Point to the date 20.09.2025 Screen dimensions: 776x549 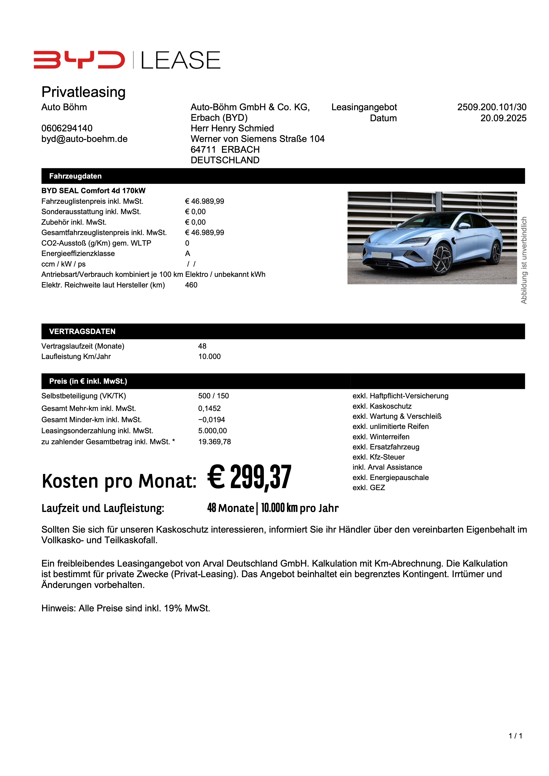coord(503,118)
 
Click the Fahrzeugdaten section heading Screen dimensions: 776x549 coord(75,176)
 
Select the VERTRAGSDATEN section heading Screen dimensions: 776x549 coord(82,331)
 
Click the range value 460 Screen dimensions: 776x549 coord(191,285)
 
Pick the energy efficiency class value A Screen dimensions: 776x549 coord(188,253)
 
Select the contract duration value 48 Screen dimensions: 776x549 coord(202,346)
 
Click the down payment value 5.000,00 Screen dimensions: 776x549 coord(212,431)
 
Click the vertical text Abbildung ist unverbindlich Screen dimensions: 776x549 coord(524,260)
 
